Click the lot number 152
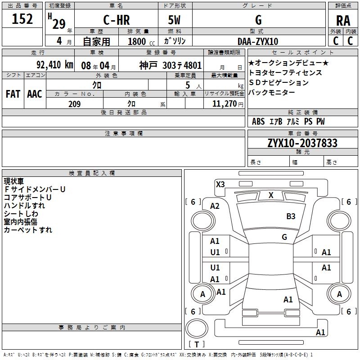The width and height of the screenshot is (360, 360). pos(22,19)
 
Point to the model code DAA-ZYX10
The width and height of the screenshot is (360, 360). pos(258,41)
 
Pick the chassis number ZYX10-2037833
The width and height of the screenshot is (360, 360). pos(302,143)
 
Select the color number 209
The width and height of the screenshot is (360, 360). pos(74,104)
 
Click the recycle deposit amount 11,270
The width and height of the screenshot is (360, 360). pos(224,104)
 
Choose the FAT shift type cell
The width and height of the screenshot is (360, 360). pos(13,94)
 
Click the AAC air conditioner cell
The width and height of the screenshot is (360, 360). pos(34,94)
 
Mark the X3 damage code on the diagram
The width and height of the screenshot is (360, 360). pos(220,184)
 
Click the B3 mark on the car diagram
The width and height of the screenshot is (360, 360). pos(291,216)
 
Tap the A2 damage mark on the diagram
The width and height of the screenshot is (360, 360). pos(215,206)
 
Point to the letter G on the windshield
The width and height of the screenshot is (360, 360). pos(284,237)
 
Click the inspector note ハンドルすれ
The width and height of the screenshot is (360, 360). pos(24,206)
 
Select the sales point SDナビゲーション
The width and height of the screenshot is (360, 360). pos(279,83)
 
